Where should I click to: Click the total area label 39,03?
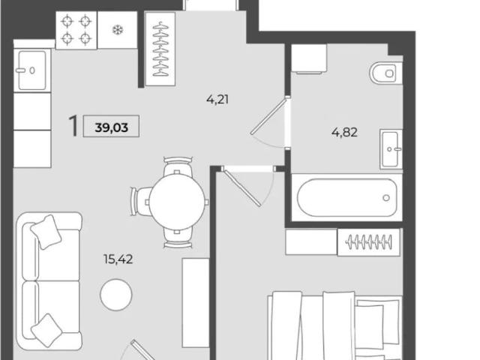pos(112,127)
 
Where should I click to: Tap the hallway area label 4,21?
pos(217,100)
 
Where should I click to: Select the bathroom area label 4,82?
pos(344,133)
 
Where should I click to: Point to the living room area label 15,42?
pos(118,259)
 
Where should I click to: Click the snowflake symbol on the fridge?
pos(118,30)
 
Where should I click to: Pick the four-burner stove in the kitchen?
pos(76,30)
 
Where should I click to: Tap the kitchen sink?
pos(32,70)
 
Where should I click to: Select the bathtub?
pos(346,197)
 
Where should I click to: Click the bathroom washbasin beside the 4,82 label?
pos(391,149)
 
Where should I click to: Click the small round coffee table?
pos(116,295)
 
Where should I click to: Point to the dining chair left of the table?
pos(141,202)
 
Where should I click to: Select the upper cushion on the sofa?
pos(46,232)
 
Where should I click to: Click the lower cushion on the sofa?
pos(46,330)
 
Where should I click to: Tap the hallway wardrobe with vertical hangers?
pos(160,49)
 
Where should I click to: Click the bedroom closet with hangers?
pos(369,242)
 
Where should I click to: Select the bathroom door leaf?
pos(269,115)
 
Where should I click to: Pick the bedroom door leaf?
pos(241,187)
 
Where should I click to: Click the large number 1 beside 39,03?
pos(73,125)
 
